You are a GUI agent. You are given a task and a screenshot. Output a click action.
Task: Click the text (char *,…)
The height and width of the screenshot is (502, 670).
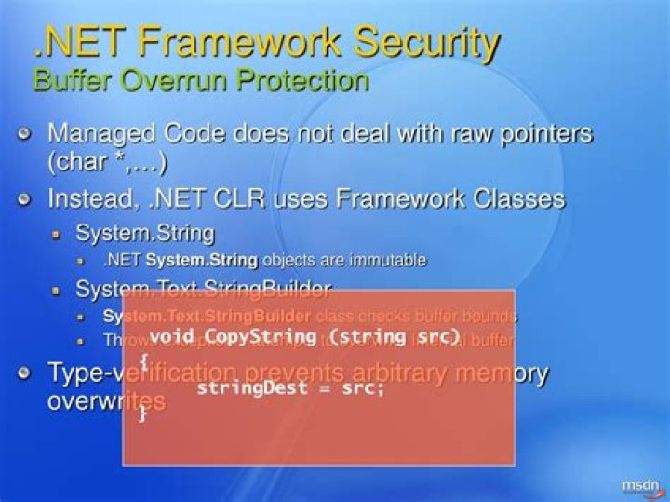click(107, 163)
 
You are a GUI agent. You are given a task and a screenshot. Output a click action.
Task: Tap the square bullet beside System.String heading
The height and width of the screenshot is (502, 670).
click(57, 232)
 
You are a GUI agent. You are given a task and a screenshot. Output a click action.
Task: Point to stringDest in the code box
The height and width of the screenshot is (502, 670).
click(245, 388)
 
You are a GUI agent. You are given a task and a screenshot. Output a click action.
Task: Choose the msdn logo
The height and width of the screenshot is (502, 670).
click(640, 485)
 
